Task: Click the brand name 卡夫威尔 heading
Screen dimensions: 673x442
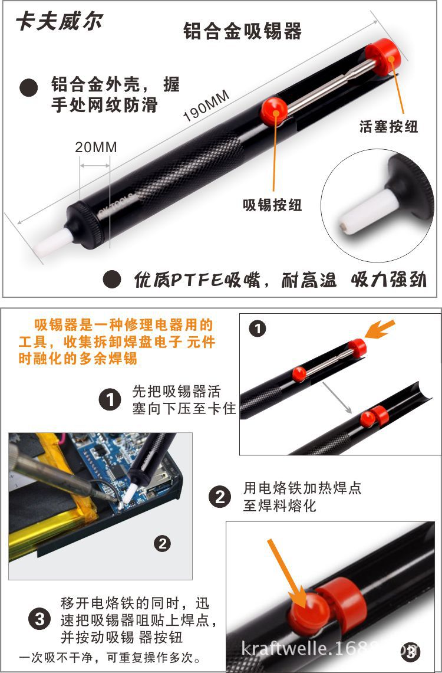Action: point(59,22)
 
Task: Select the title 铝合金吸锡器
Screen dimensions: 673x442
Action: point(242,31)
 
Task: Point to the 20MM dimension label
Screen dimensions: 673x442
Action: point(95,147)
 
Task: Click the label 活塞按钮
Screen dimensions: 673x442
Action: point(388,126)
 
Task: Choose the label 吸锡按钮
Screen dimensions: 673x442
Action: point(272,205)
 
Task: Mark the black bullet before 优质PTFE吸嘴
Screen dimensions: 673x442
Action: point(112,279)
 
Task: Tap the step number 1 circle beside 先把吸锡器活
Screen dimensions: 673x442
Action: point(110,400)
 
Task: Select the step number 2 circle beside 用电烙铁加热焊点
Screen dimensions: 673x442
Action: point(220,497)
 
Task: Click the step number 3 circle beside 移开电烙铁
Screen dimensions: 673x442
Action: point(39,619)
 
